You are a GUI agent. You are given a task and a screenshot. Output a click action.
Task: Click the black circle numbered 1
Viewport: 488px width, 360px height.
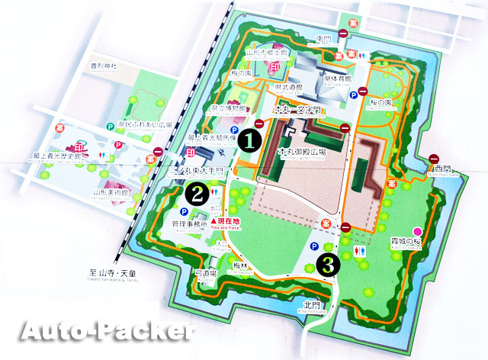249,140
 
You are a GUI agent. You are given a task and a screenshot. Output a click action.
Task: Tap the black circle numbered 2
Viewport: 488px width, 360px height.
197,193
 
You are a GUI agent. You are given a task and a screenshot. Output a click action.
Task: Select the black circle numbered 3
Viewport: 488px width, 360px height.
328,264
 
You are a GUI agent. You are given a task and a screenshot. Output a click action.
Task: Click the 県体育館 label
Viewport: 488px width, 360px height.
337,79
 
